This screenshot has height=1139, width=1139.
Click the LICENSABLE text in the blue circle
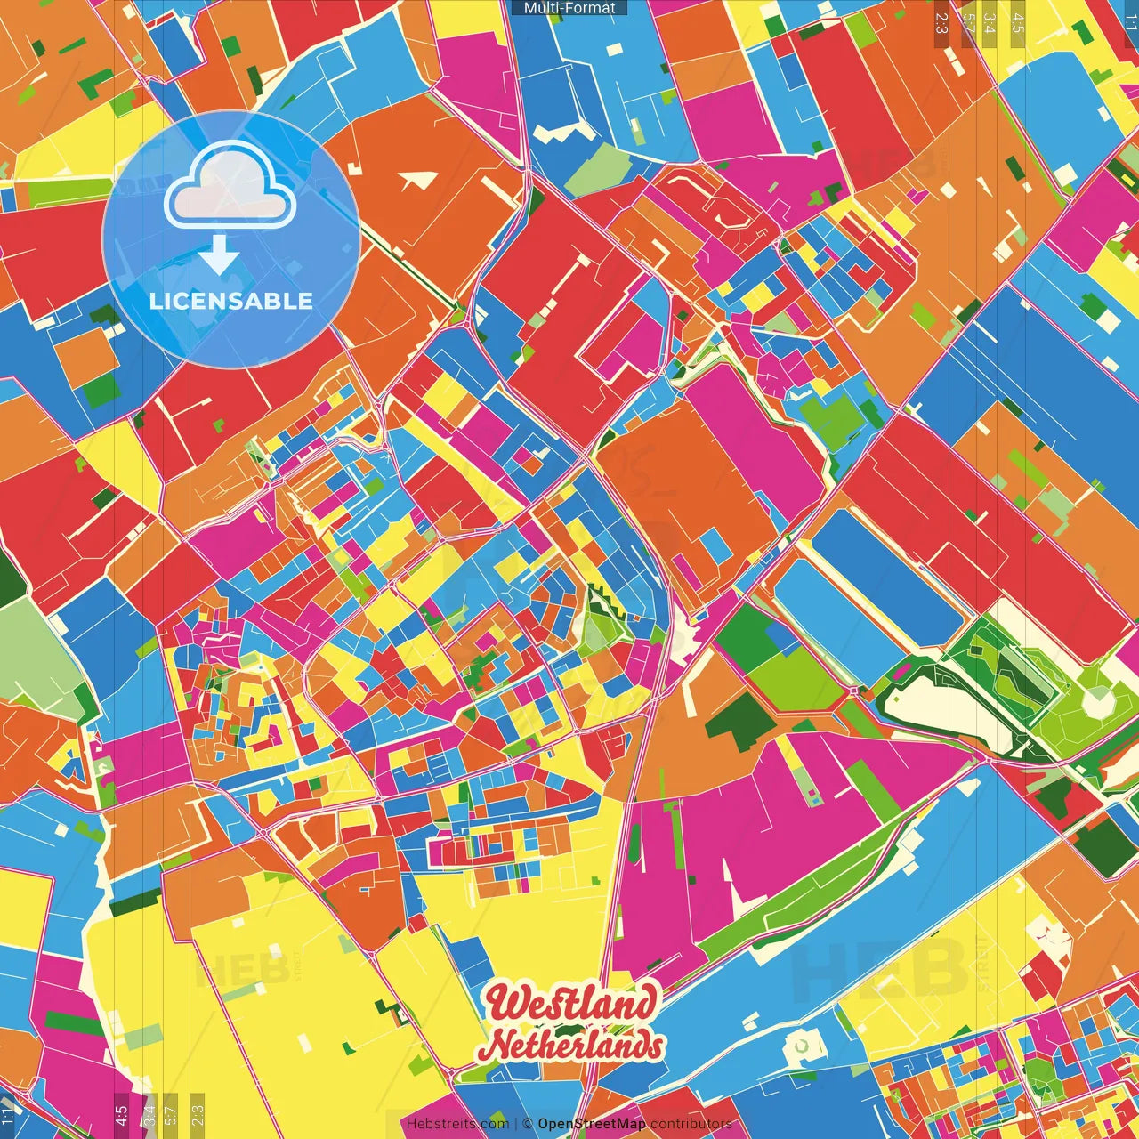tap(230, 301)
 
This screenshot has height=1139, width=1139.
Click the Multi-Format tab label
tap(569, 8)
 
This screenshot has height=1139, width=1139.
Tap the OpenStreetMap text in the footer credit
tap(592, 1124)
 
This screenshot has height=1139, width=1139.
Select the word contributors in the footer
tap(691, 1124)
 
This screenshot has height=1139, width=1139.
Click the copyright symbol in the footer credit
tap(527, 1124)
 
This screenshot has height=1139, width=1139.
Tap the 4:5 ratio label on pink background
tap(121, 1111)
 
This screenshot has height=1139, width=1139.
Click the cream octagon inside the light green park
tap(1097, 702)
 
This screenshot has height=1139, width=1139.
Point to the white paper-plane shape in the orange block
tap(418, 181)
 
